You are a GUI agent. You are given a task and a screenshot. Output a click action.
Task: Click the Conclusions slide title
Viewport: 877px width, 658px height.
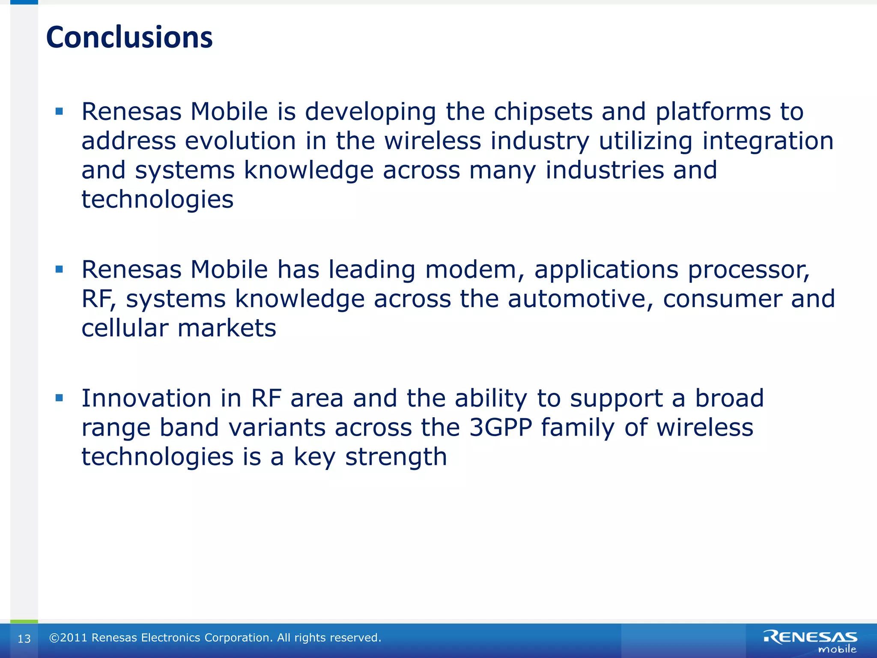coord(129,37)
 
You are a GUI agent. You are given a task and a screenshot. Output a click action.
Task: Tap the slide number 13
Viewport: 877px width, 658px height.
coord(24,639)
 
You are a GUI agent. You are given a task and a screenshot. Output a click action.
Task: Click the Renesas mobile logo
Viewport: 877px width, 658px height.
coord(810,641)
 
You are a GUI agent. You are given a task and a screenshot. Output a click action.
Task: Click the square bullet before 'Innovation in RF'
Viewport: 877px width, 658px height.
coord(59,398)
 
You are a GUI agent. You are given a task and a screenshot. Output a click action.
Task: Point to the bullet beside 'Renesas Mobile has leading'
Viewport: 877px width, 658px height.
coord(59,269)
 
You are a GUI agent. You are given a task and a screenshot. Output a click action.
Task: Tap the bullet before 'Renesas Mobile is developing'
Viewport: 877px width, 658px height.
coord(59,112)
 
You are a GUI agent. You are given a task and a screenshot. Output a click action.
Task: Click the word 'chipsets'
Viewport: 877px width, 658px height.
coord(543,112)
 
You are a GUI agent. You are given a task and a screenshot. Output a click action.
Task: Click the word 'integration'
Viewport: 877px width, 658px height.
coord(768,141)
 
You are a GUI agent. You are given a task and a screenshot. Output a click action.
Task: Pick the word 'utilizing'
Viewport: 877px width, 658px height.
coord(645,141)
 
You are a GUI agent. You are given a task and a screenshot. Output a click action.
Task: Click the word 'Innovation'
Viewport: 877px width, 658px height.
coord(146,398)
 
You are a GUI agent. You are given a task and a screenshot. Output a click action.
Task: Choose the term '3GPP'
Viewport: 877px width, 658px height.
coord(501,428)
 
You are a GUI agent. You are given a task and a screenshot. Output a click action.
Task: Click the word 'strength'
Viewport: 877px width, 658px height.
coord(396,457)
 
